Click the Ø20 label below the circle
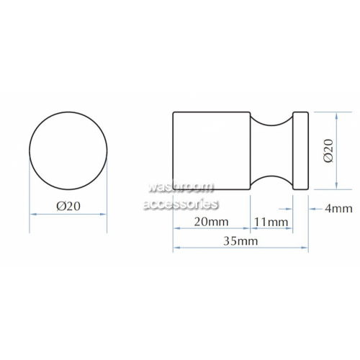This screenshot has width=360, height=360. pos(68,206)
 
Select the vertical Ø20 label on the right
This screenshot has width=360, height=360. pos(328,150)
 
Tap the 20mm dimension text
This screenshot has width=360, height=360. pos(211,222)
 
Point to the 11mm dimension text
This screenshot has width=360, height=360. pos(271,222)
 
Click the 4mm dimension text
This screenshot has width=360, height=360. pos(338,209)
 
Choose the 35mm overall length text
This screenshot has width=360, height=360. pos(240,240)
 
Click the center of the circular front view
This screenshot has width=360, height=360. pos(68,150)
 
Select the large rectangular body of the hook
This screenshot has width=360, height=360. pos(212,150)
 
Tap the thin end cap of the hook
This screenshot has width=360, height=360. pos(300,150)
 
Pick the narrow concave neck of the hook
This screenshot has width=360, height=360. pos(271,150)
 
